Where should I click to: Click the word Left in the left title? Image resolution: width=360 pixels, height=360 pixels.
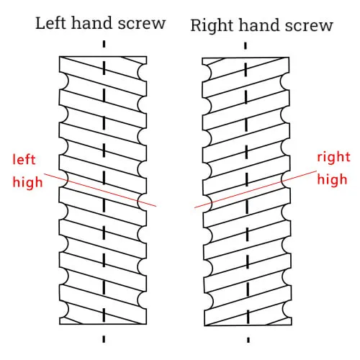pos(51,23)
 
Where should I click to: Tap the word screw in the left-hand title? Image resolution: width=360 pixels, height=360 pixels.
pos(141,23)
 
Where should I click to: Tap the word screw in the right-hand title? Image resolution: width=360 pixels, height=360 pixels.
pos(309,26)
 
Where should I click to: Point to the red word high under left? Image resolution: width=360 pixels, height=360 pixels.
pos(27,181)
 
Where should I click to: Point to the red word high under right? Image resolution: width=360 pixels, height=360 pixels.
pos(333,179)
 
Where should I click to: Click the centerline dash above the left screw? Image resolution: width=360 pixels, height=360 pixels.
pos(104,44)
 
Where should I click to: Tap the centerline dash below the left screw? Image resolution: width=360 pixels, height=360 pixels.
pos(104,337)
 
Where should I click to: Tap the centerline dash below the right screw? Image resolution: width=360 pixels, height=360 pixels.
pos(248,337)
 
